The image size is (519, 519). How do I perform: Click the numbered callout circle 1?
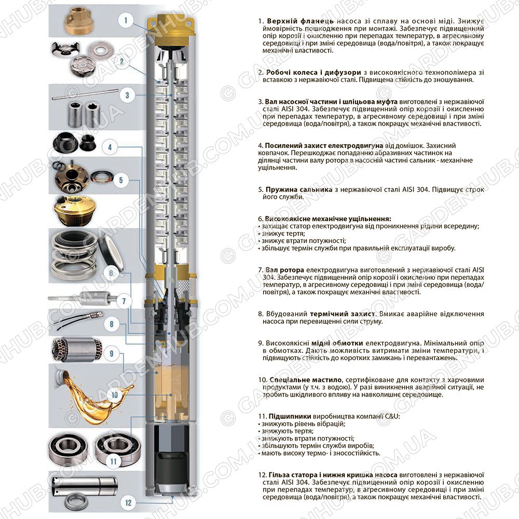pyautogui.click(x=126, y=21)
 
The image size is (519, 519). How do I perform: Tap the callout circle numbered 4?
pyautogui.click(x=110, y=147)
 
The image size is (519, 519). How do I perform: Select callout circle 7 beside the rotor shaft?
pyautogui.click(x=124, y=301)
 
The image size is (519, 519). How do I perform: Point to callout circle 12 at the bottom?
pyautogui.click(x=128, y=503)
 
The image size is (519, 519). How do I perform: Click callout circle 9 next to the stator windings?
pyautogui.click(x=112, y=353)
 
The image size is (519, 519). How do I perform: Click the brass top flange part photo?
pyautogui.click(x=77, y=21)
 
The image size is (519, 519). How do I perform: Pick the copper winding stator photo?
pyautogui.click(x=76, y=350)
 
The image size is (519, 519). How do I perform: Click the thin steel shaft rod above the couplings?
pyautogui.click(x=85, y=93)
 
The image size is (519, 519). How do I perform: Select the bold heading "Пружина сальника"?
pyautogui.click(x=299, y=189)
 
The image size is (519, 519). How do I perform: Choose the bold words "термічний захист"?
pyautogui.click(x=343, y=314)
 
